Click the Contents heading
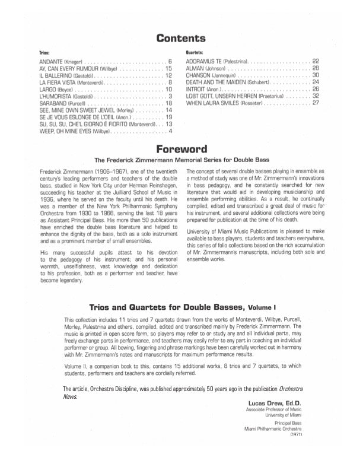(x=181, y=39)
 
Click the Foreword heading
(x=181, y=149)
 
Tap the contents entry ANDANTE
(x=53, y=62)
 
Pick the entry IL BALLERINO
(x=58, y=76)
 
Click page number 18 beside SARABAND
(x=168, y=103)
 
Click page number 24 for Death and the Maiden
(x=316, y=82)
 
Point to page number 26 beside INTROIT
(x=316, y=90)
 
